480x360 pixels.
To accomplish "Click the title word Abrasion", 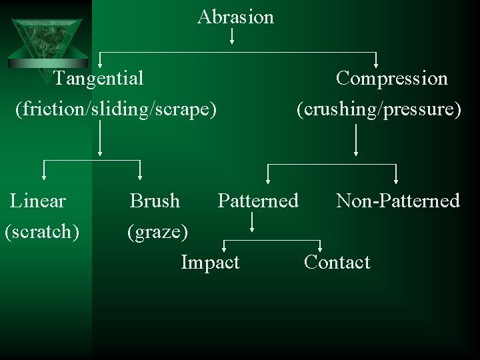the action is [x=235, y=17].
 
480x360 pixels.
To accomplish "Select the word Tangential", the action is [x=99, y=79].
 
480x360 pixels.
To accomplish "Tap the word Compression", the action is [x=391, y=79].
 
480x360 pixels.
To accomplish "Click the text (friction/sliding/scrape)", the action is [x=117, y=109].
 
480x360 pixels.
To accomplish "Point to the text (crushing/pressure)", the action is [x=379, y=109].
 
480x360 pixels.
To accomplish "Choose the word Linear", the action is [x=38, y=201].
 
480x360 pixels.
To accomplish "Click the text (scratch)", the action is [x=42, y=231].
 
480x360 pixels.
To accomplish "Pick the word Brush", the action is [x=155, y=201].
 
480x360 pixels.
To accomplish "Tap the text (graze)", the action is [x=158, y=232].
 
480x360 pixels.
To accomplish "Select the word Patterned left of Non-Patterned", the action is [x=258, y=201].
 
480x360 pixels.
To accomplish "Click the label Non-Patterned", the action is [x=398, y=201].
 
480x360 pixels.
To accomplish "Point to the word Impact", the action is [x=210, y=263].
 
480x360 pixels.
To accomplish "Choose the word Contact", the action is [x=337, y=263].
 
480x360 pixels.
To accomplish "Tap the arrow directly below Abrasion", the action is [x=232, y=37].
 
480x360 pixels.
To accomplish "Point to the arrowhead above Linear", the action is [x=44, y=177].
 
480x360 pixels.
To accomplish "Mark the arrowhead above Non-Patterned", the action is [x=396, y=179].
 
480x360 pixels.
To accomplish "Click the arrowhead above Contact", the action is [x=321, y=249].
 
